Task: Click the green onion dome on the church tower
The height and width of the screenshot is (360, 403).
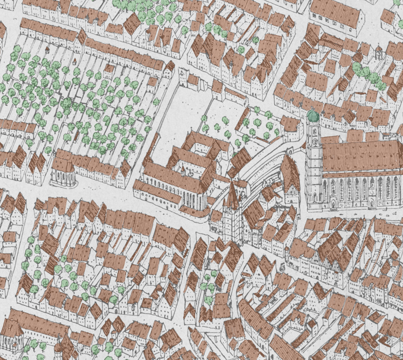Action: click(x=313, y=115)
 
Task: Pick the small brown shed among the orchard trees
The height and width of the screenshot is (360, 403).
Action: click(x=109, y=68)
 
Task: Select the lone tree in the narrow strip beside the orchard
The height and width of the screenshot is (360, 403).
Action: click(x=156, y=102)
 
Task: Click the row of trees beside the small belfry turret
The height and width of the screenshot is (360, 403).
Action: click(x=369, y=75)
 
